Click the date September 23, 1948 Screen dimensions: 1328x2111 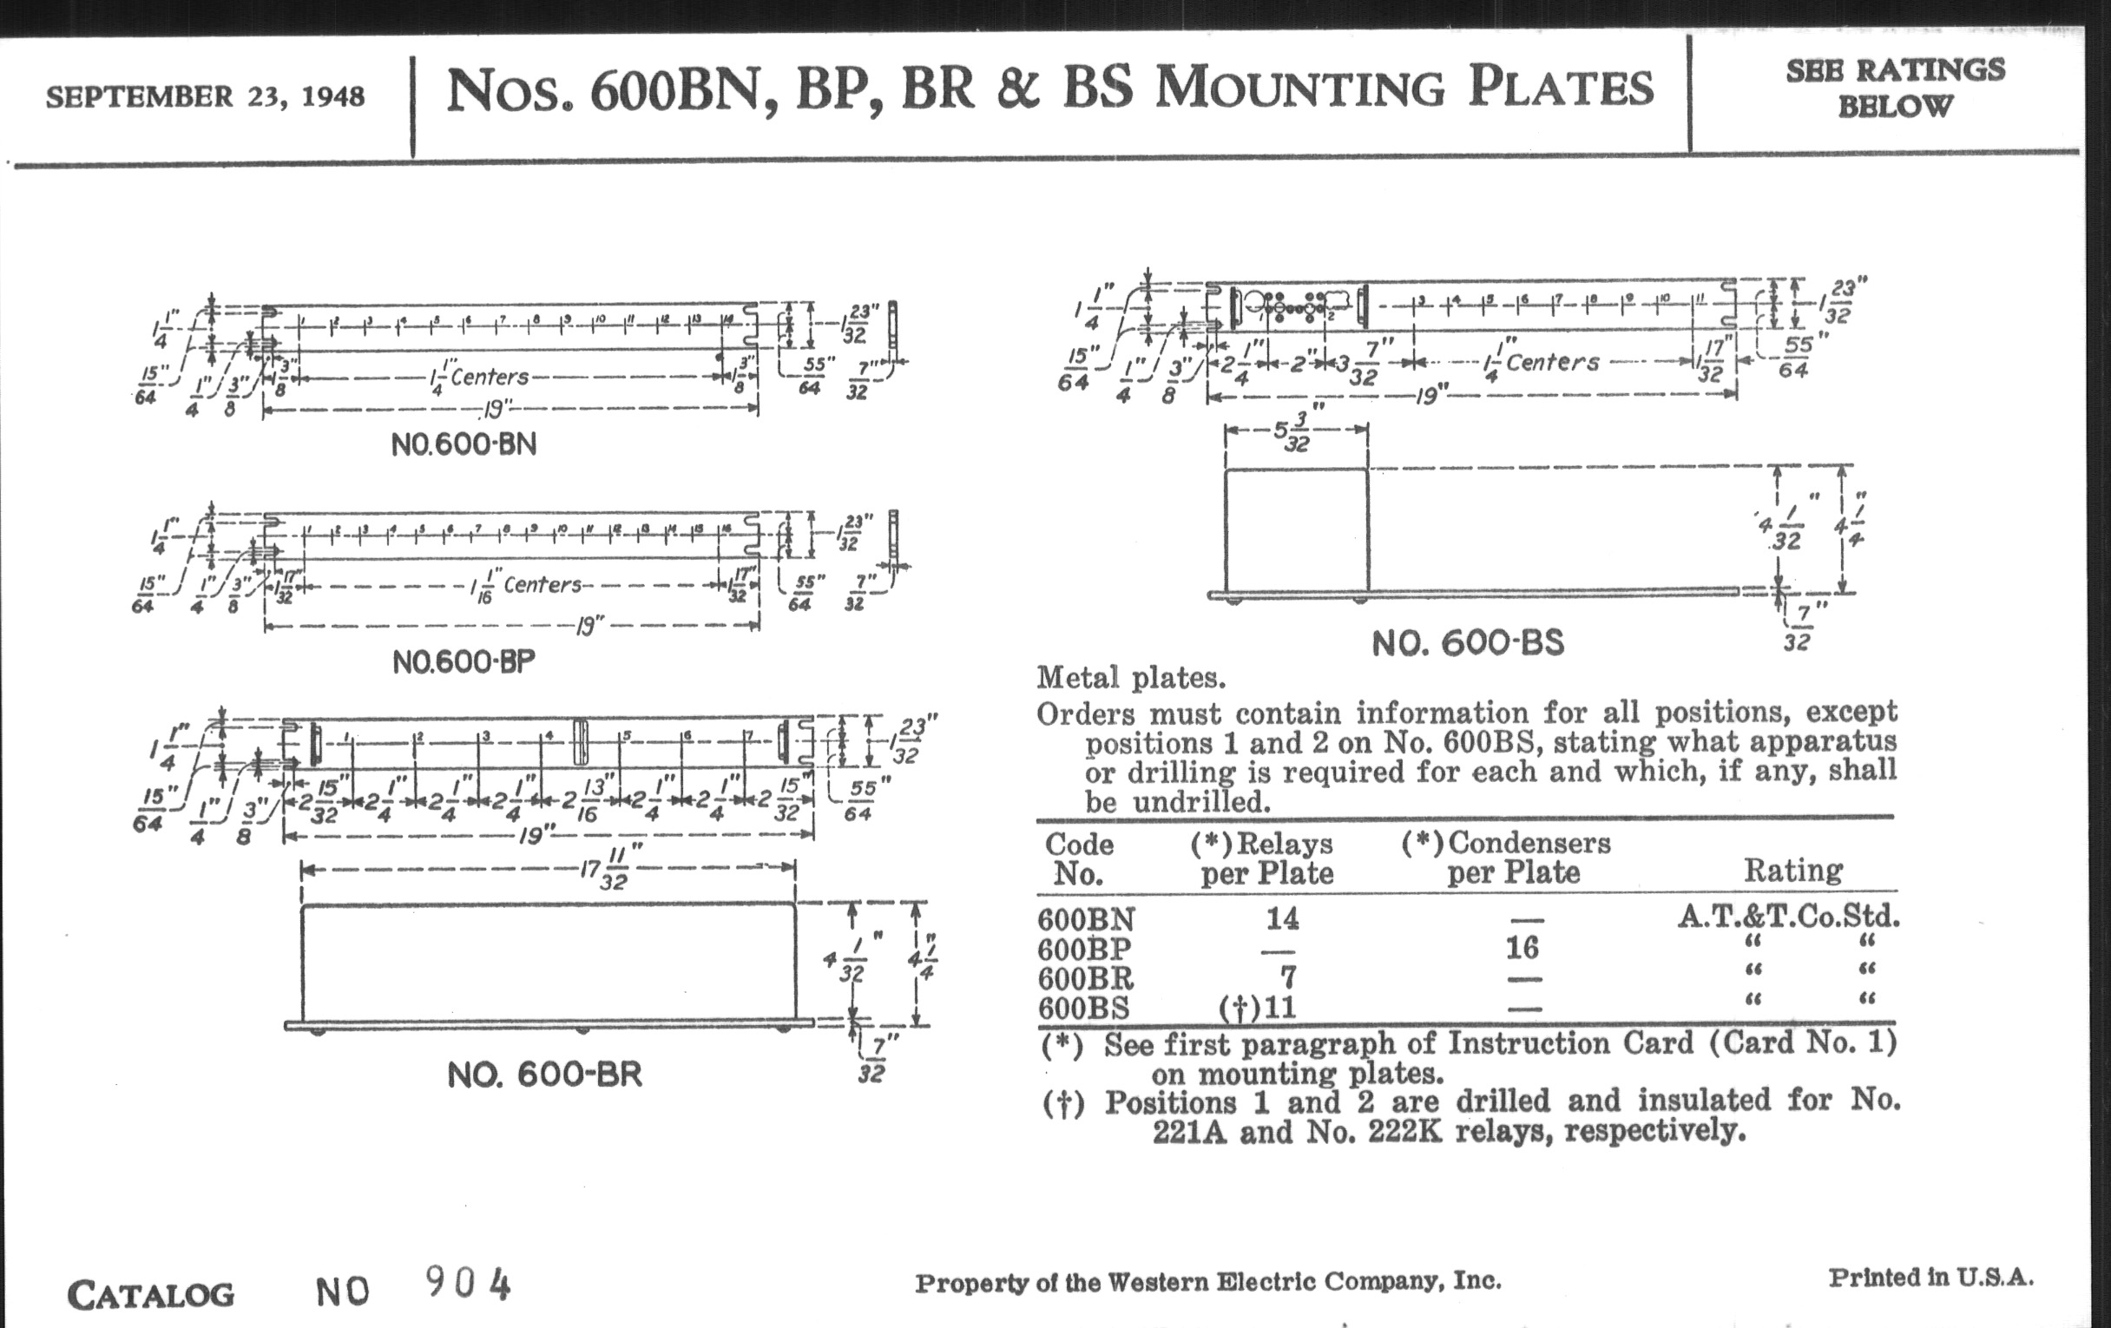(205, 96)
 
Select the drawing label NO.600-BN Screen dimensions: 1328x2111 (463, 444)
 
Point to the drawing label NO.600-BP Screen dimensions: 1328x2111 (463, 661)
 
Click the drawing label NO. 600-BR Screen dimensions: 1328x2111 (544, 1074)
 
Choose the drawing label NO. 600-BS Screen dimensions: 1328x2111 (1468, 643)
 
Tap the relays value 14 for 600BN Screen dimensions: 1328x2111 (1282, 918)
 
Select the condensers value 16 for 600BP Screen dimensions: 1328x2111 (1522, 948)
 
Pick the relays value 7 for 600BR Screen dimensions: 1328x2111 (1288, 976)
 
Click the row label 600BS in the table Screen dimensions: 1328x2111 (1083, 1008)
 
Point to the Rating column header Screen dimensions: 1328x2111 (1792, 871)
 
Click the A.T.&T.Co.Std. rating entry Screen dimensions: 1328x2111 (1788, 917)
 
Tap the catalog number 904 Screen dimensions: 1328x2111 (468, 1285)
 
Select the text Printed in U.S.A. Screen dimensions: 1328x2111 (1930, 1278)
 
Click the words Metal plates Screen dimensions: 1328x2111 (1131, 678)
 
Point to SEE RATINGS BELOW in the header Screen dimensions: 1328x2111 (1895, 88)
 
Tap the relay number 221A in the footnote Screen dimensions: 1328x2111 (1191, 1132)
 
